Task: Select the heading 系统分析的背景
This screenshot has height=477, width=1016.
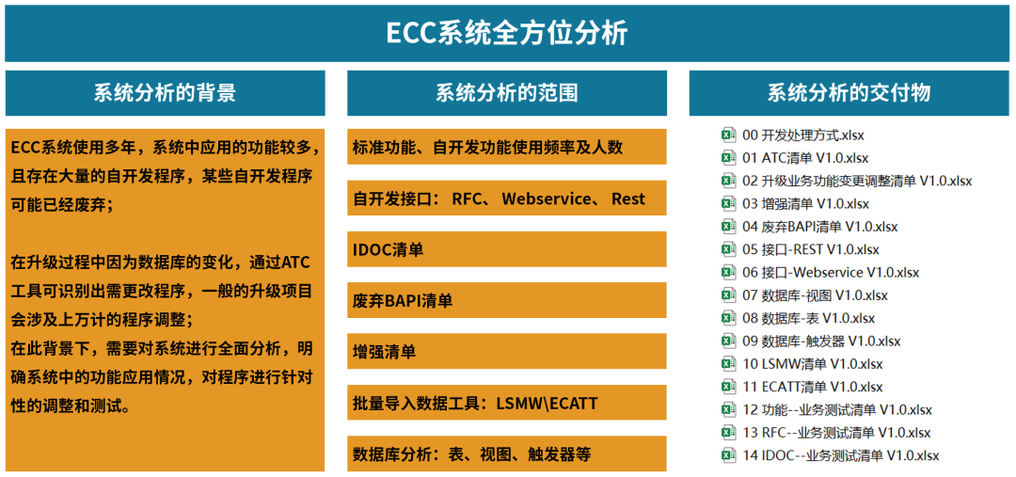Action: coord(166,93)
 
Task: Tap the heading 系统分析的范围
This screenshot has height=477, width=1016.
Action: coord(507,93)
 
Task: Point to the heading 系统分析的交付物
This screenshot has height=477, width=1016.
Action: coord(849,93)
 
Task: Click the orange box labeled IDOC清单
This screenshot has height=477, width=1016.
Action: coord(507,249)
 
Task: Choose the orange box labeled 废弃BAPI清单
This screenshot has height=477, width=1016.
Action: coord(507,301)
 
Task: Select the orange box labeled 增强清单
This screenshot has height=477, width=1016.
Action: coord(507,352)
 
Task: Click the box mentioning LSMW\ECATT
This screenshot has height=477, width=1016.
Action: coord(507,403)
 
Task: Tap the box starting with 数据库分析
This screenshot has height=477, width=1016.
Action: coord(507,453)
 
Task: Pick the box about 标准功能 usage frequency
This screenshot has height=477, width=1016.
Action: coord(507,147)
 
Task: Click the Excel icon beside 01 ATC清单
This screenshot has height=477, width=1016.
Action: coord(729,157)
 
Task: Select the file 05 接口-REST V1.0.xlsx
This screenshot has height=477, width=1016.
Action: coord(811,249)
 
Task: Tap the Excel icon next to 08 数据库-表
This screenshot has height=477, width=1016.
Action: coord(729,318)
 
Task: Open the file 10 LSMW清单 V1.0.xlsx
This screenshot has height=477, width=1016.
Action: coord(813,363)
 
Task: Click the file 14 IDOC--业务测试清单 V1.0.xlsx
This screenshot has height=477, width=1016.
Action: coord(840,455)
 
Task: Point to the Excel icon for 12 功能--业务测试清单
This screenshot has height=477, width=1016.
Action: coord(729,409)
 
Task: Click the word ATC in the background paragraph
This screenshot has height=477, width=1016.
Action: coord(297,263)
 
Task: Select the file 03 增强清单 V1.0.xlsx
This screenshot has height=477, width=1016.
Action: coord(805,203)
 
